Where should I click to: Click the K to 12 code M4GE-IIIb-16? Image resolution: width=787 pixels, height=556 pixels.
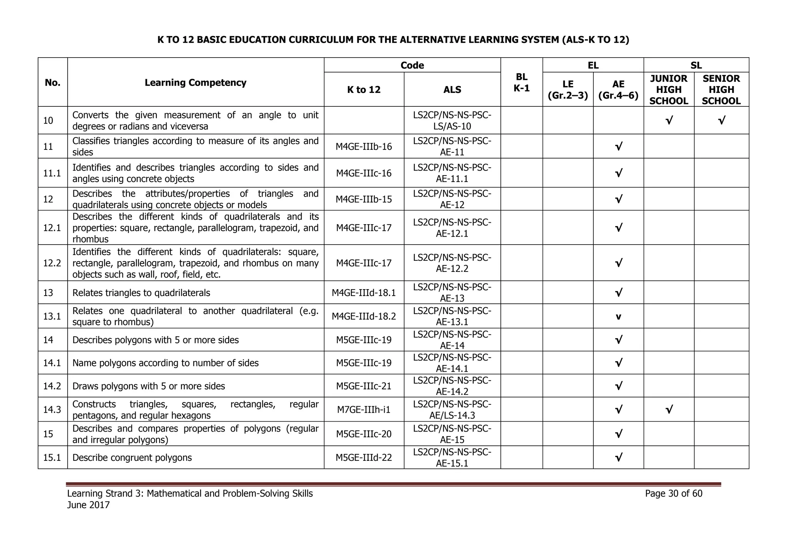(364, 147)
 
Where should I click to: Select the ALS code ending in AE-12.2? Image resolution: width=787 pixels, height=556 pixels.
(452, 263)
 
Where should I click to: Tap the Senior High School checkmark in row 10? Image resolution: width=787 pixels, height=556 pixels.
(721, 121)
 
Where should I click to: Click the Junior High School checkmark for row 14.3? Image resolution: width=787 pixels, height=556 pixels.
(669, 410)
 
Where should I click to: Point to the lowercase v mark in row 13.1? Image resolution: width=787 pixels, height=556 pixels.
(618, 317)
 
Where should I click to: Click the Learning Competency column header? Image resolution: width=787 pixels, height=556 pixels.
(195, 83)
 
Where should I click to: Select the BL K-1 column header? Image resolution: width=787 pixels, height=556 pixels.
(521, 83)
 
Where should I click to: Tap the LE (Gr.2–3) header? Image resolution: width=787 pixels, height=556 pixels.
(568, 90)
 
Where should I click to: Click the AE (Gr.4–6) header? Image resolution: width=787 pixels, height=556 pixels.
(618, 90)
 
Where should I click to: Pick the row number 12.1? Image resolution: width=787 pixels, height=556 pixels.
(52, 228)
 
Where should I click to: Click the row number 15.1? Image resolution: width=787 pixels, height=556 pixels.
(52, 458)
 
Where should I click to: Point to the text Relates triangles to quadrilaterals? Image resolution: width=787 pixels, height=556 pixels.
(141, 293)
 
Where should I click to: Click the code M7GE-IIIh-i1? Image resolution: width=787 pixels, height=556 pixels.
(364, 410)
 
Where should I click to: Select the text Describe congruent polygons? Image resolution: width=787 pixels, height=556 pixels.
(132, 458)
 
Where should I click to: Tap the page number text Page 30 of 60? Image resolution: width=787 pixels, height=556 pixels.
(673, 494)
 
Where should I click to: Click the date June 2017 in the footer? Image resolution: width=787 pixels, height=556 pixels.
(88, 505)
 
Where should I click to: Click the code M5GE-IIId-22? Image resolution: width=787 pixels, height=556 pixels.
(364, 458)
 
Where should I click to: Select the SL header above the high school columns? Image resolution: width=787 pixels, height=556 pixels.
(696, 66)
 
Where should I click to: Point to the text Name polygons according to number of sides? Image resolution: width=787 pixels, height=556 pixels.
(165, 363)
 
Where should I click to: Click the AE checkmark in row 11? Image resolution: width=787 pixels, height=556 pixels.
(618, 147)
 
